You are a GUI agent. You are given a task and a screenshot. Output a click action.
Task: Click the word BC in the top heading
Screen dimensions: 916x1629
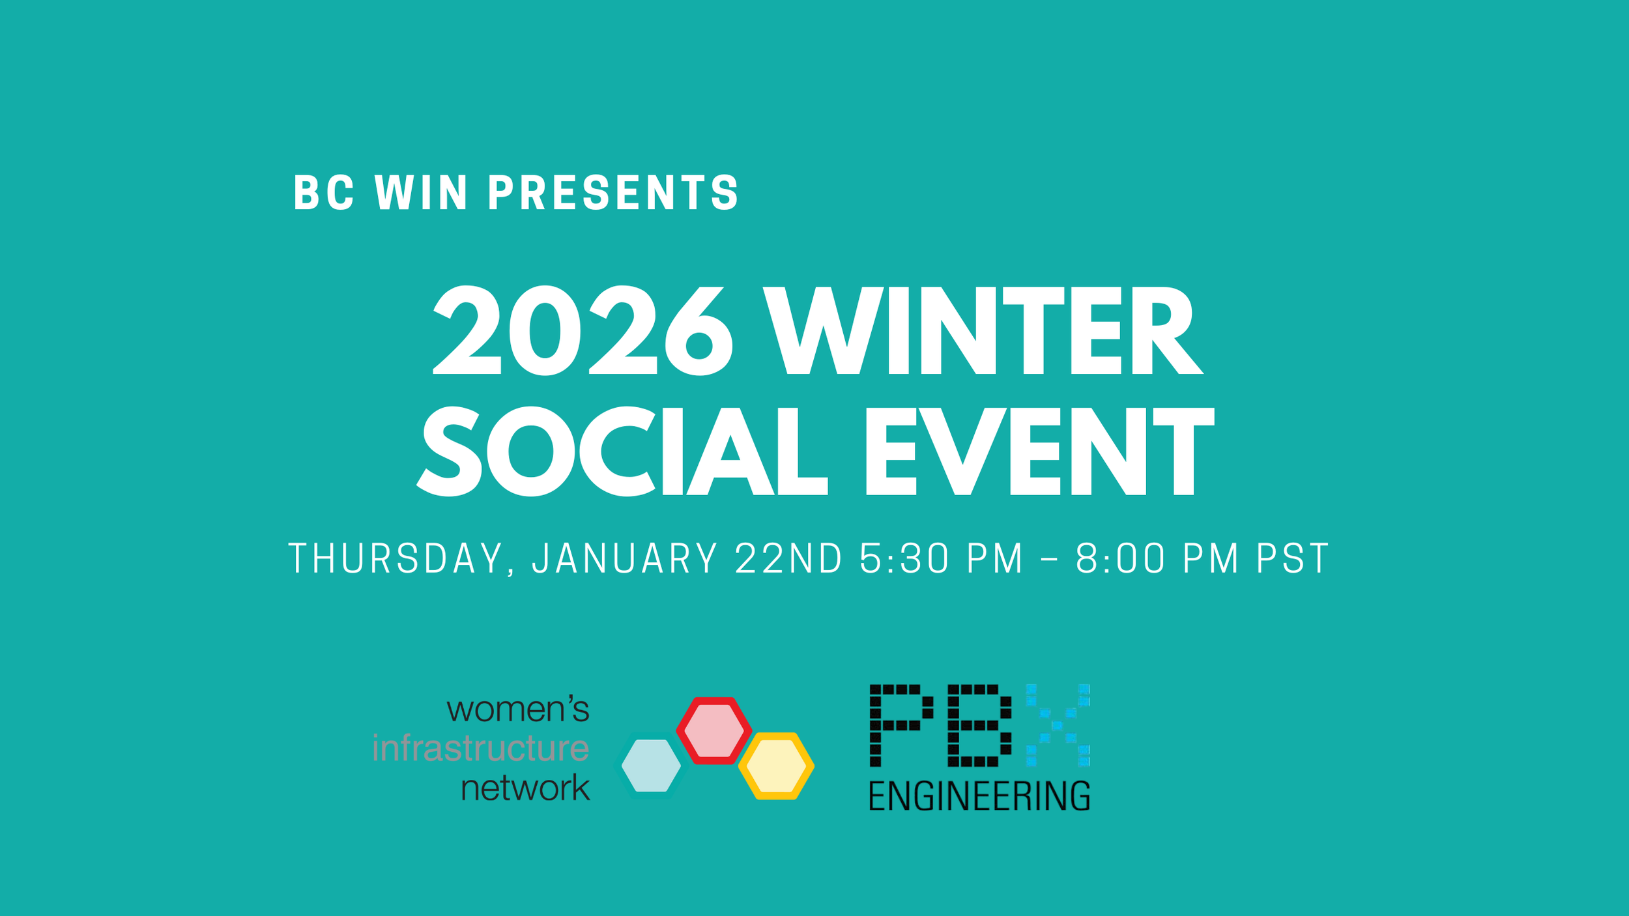(324, 193)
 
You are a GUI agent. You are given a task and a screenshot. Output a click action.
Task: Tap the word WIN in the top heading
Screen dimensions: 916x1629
(421, 193)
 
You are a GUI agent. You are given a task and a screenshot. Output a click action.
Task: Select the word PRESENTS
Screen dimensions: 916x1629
(613, 193)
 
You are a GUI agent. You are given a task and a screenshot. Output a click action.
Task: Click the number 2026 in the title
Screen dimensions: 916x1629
(583, 332)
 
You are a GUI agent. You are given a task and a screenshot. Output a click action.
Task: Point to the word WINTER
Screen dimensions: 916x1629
(983, 332)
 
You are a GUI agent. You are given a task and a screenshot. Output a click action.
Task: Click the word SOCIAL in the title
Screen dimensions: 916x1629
(622, 451)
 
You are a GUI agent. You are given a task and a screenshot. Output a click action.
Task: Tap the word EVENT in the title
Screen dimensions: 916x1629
(1039, 451)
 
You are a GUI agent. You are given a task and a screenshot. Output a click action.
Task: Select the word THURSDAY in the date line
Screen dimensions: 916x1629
(396, 559)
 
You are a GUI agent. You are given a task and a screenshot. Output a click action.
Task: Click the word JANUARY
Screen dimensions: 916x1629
(625, 559)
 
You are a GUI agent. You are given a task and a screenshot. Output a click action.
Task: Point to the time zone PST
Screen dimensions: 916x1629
(1292, 559)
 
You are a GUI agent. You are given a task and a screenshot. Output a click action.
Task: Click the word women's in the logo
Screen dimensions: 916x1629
(518, 709)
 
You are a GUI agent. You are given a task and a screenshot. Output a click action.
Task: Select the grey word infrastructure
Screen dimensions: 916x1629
(481, 748)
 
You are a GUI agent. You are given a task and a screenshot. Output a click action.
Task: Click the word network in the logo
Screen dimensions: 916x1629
(525, 788)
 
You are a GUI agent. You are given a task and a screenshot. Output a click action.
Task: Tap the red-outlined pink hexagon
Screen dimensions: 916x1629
(714, 730)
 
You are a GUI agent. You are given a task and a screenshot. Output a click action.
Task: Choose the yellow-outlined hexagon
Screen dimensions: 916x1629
(776, 766)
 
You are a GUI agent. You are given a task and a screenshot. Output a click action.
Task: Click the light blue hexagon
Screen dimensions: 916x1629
(651, 766)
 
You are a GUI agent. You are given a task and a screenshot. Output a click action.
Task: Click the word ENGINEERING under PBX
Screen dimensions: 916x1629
(979, 796)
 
